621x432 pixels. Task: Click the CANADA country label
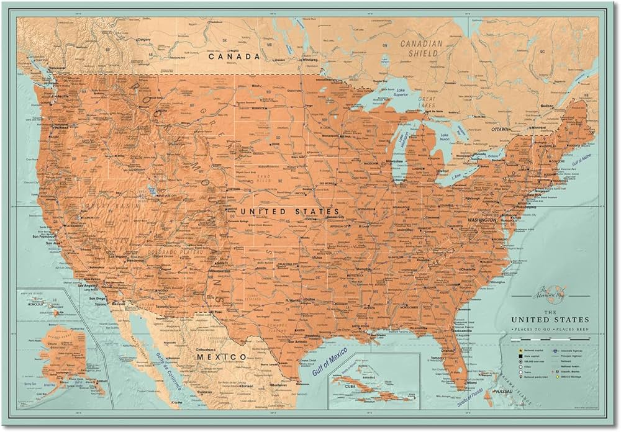click(233, 56)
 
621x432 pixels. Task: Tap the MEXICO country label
click(220, 357)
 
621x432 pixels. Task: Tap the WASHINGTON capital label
click(478, 220)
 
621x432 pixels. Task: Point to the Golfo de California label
click(160, 366)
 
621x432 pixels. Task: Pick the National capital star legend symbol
click(515, 349)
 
